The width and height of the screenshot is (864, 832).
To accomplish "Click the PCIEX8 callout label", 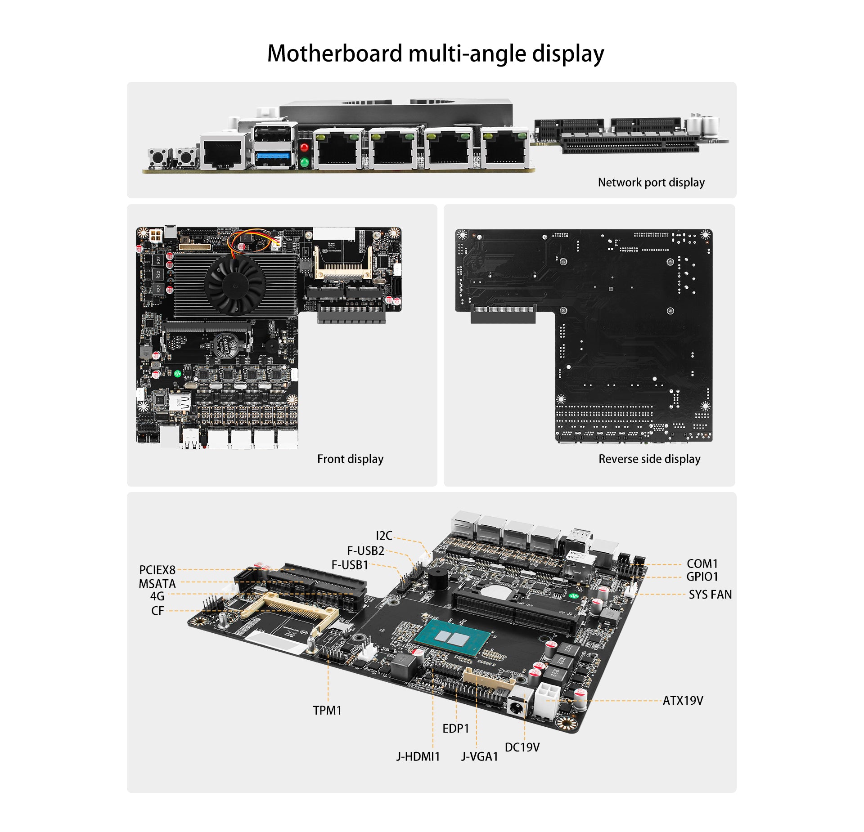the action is tap(157, 570).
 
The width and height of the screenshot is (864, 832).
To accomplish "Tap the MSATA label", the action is tap(157, 584).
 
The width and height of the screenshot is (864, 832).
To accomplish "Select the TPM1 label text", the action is tap(327, 711).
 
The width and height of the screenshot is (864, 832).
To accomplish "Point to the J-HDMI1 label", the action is tap(418, 756).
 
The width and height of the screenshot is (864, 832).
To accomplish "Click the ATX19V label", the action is tap(683, 700).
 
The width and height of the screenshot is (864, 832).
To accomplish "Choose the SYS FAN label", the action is tap(710, 595).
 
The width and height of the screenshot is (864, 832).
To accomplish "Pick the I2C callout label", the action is tap(384, 536).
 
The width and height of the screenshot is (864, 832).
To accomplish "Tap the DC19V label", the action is tap(522, 747).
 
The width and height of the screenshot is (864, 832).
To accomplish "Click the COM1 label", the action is tap(702, 564).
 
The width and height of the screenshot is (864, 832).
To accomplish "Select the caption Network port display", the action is tap(651, 182).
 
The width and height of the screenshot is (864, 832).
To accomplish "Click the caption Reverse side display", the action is tap(649, 459).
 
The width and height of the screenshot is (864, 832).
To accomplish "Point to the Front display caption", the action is tap(350, 459).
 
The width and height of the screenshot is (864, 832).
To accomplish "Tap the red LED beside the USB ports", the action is tap(305, 147).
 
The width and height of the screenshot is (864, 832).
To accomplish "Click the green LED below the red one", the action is tap(305, 163).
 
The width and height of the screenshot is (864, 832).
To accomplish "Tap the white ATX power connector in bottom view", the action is tap(547, 699).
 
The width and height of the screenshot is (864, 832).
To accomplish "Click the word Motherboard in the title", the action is tap(335, 54).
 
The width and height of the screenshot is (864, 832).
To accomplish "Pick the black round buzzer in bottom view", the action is tap(437, 578).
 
